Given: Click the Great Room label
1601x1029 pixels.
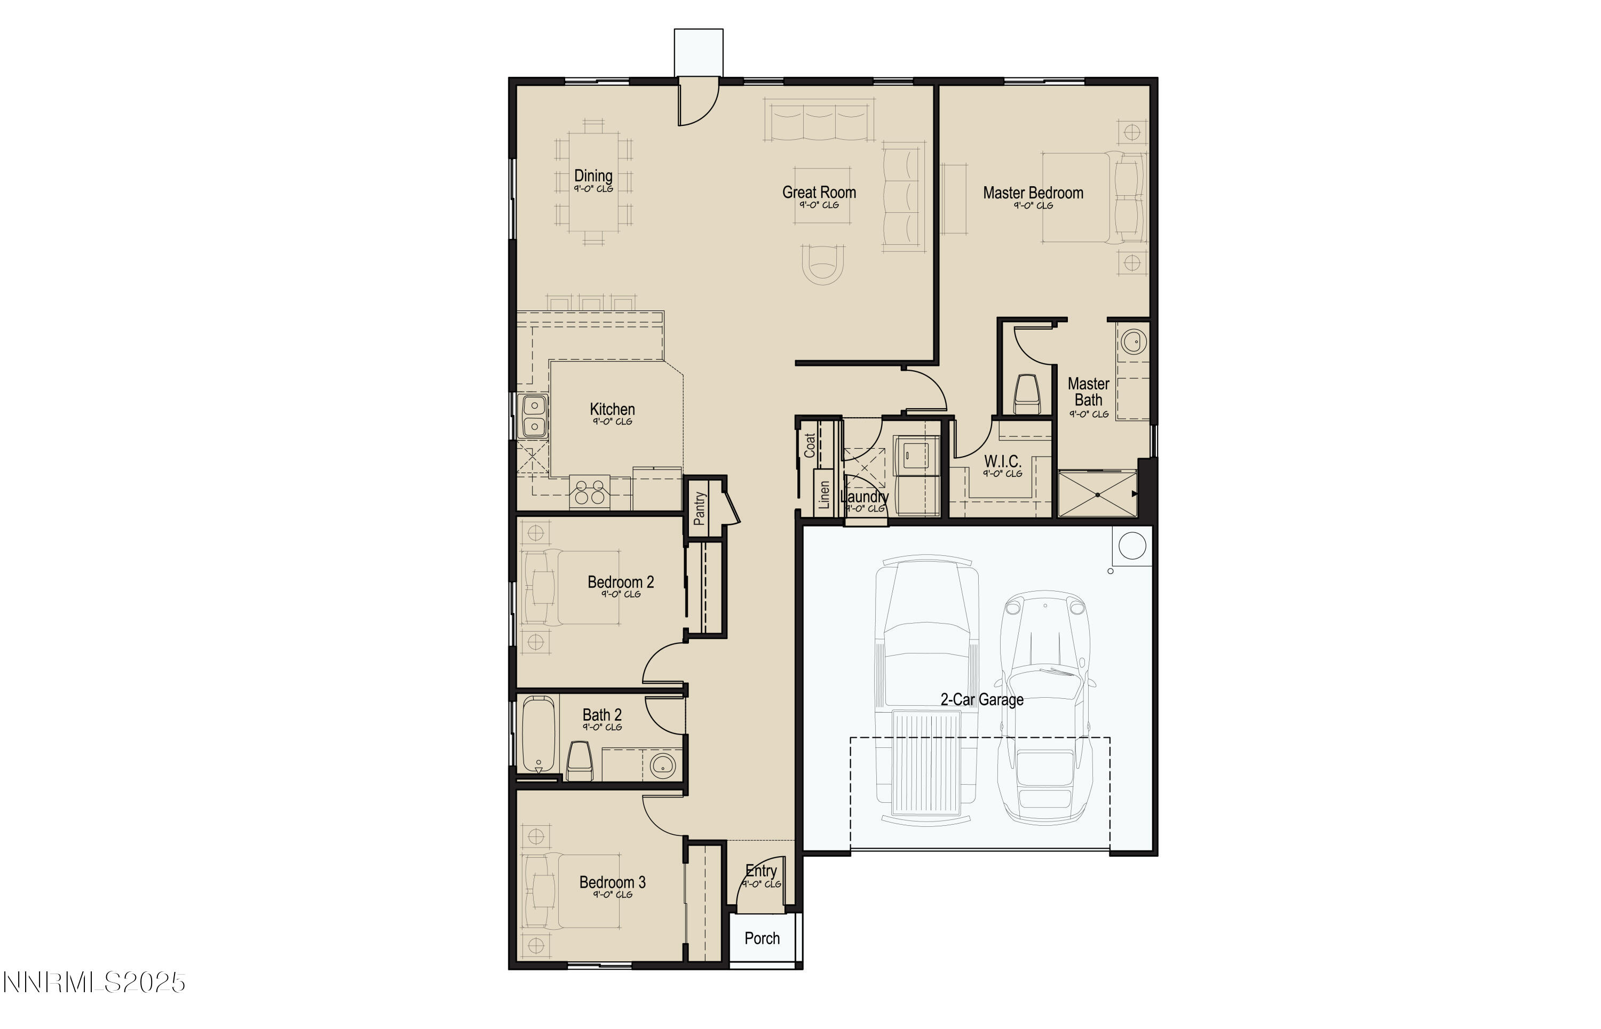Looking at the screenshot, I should pyautogui.click(x=818, y=193).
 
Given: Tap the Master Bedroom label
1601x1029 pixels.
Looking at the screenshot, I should pyautogui.click(x=1032, y=193).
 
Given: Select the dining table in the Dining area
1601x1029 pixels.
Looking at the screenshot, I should pyautogui.click(x=593, y=182).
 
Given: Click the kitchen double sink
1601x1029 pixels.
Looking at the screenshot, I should pyautogui.click(x=534, y=416).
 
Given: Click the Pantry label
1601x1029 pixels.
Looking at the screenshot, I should pyautogui.click(x=699, y=508).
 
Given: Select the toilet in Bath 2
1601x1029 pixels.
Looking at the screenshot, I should pyautogui.click(x=579, y=761).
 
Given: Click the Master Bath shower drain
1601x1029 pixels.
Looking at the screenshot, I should pyautogui.click(x=1097, y=494).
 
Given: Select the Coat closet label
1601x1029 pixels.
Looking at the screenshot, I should pyautogui.click(x=810, y=445).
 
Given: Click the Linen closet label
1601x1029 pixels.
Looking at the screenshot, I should pyautogui.click(x=823, y=495).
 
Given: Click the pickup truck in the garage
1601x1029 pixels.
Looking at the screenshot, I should pyautogui.click(x=926, y=688).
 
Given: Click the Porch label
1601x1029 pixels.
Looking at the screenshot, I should pyautogui.click(x=762, y=938).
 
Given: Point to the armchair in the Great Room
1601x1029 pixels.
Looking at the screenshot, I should pyautogui.click(x=822, y=264).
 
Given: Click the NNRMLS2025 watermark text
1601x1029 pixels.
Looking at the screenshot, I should pyautogui.click(x=93, y=982).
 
